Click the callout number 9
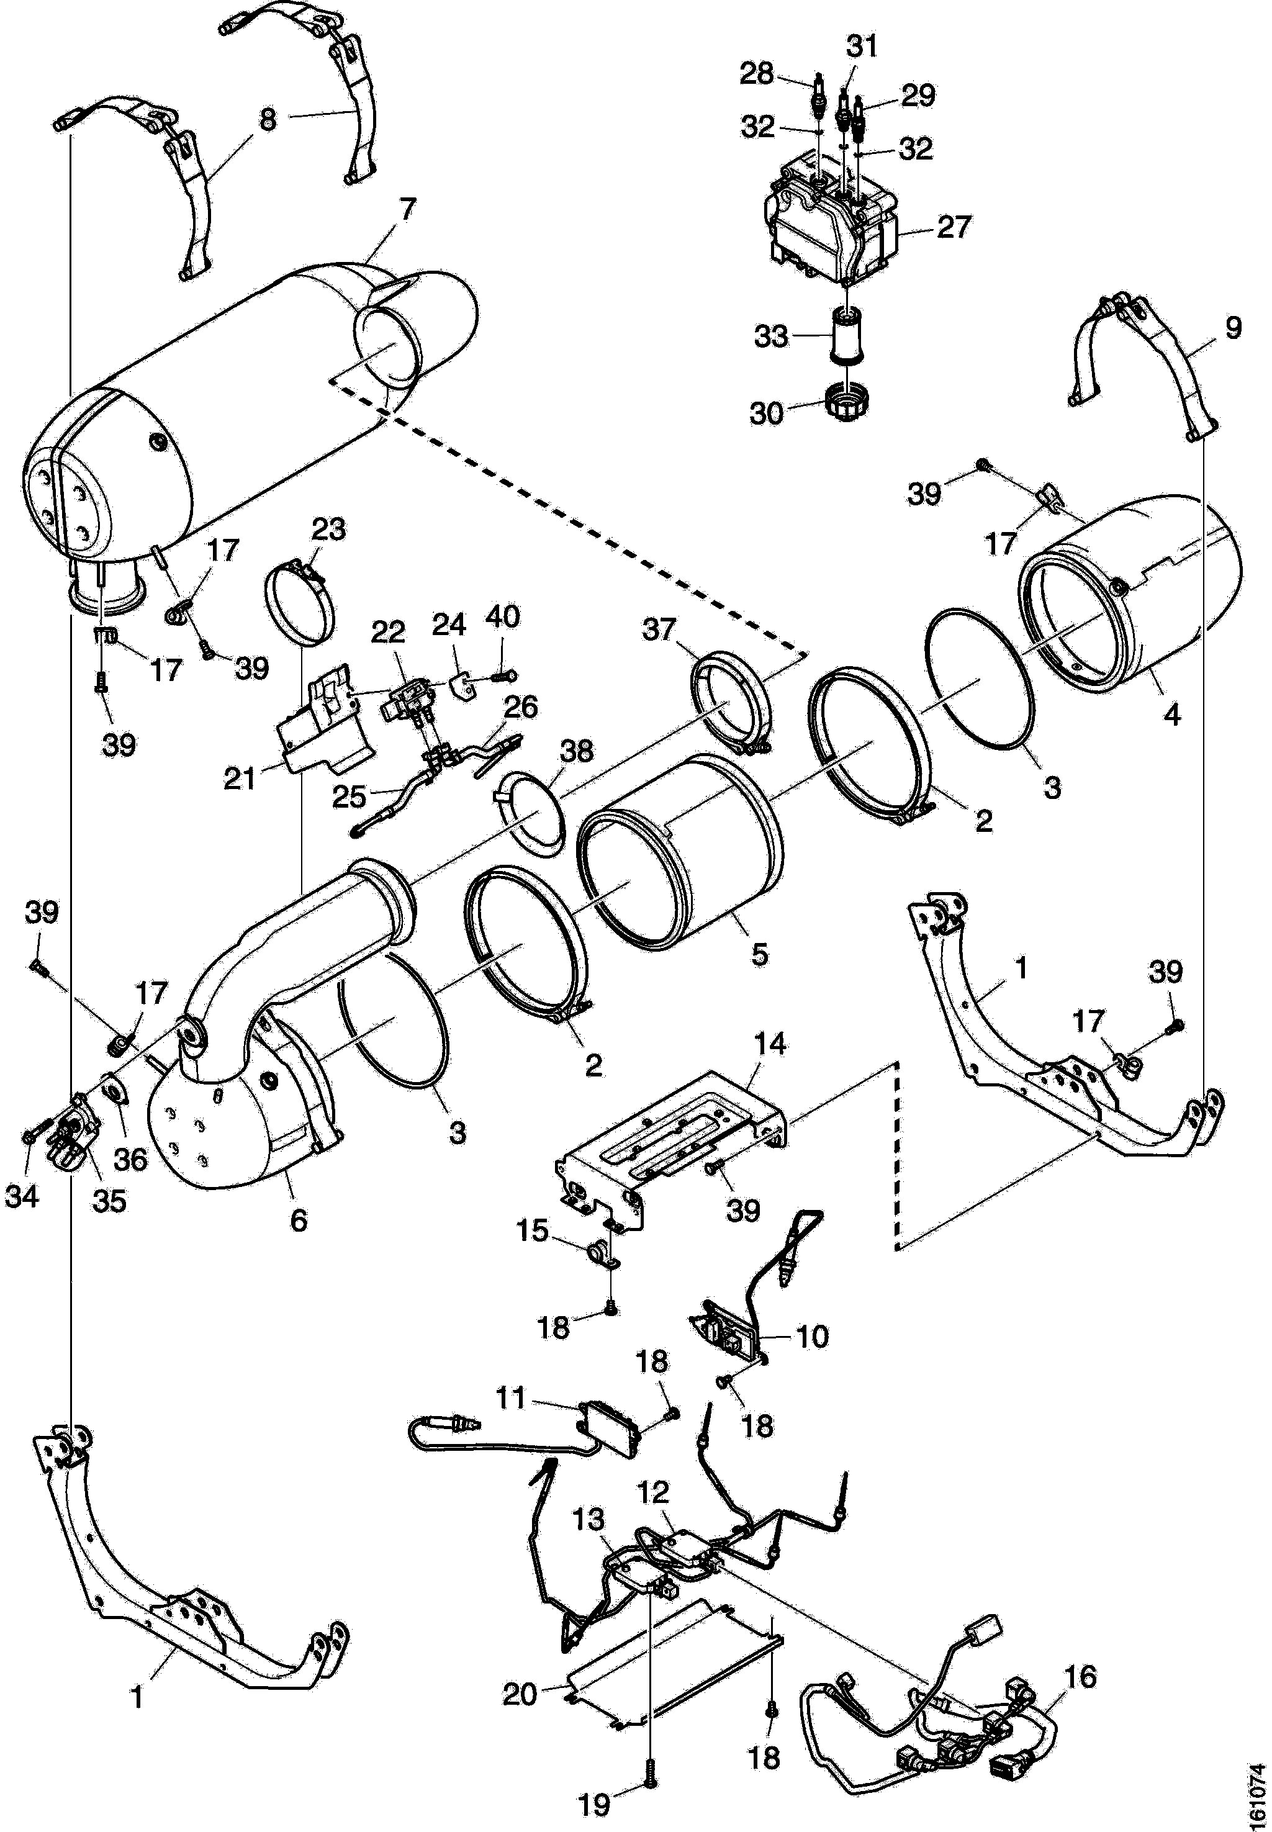[x=1233, y=328]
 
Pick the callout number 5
[x=759, y=954]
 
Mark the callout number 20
[x=520, y=1694]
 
